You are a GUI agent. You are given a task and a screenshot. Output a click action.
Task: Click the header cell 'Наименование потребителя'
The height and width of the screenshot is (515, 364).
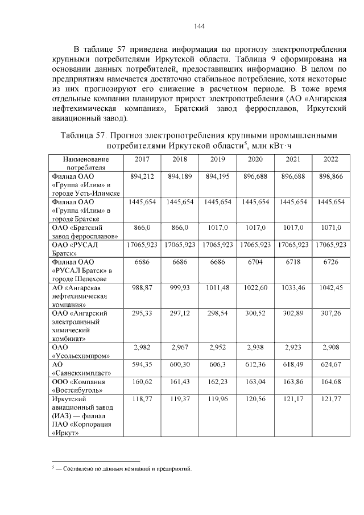click(x=85, y=163)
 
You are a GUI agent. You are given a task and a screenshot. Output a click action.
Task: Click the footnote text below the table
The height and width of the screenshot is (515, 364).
click(x=123, y=469)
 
